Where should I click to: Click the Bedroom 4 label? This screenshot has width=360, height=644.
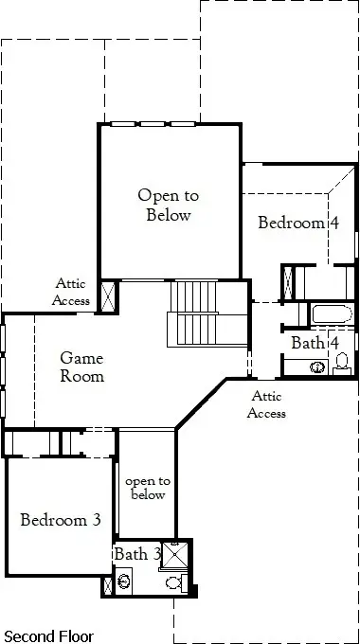[x=298, y=223]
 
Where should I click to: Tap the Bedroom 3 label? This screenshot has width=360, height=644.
[x=61, y=520]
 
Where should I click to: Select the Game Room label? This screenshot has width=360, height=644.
[x=81, y=367]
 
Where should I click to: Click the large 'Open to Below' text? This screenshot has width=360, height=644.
[x=169, y=205]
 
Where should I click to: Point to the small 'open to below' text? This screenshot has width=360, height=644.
[x=148, y=488]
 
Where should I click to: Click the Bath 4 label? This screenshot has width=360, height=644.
[x=315, y=343]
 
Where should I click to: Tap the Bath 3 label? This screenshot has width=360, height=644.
[x=136, y=554]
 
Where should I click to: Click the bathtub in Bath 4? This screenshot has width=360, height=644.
[x=333, y=314]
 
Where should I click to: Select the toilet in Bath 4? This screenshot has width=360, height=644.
[x=342, y=364]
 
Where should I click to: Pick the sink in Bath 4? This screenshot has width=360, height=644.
[x=317, y=367]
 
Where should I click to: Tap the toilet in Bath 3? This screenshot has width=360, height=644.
[x=177, y=582]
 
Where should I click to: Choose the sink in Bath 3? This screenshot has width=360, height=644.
[x=124, y=581]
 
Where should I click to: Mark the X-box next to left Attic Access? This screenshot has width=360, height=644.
[x=109, y=296]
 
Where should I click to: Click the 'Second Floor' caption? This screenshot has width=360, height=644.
[x=48, y=636]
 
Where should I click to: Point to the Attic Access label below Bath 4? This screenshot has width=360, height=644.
[x=266, y=404]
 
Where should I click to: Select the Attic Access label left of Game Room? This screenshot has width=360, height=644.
[x=70, y=292]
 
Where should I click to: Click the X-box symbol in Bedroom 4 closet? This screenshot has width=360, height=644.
[x=288, y=282]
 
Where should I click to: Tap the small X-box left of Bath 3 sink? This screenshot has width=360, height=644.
[x=108, y=585]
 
